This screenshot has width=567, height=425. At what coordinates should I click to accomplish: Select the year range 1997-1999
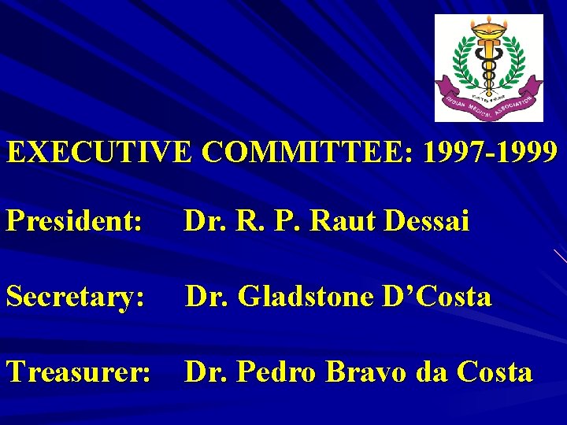[490, 152]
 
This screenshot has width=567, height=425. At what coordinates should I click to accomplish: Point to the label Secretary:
[76, 297]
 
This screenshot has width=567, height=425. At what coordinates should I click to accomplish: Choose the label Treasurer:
[78, 371]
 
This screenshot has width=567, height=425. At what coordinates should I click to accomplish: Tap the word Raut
[344, 221]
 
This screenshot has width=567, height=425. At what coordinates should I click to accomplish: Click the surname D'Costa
[435, 297]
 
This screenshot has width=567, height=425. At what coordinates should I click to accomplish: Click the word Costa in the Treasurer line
[493, 371]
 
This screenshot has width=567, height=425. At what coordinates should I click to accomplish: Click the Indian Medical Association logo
[489, 68]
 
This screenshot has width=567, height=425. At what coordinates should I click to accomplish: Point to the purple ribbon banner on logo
[489, 102]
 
